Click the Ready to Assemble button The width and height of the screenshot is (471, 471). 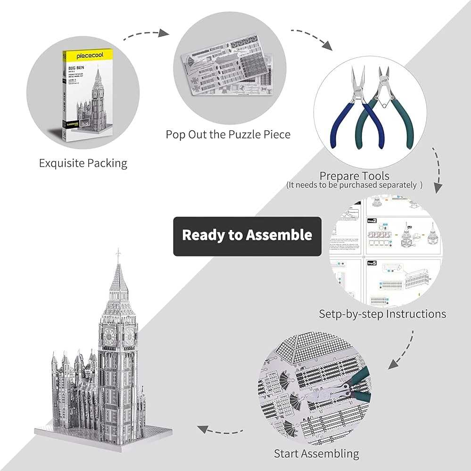[x=247, y=235]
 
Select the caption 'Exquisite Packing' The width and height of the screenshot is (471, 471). [x=83, y=163]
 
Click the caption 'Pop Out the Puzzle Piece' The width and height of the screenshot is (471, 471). [x=228, y=135]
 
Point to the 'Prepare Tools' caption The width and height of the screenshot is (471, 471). [x=354, y=176]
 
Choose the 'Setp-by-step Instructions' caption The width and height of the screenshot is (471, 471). [x=382, y=314]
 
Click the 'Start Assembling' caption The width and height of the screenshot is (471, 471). [x=316, y=454]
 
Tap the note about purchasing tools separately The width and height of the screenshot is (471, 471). [x=354, y=186]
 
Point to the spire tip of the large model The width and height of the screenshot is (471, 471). [x=118, y=253]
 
